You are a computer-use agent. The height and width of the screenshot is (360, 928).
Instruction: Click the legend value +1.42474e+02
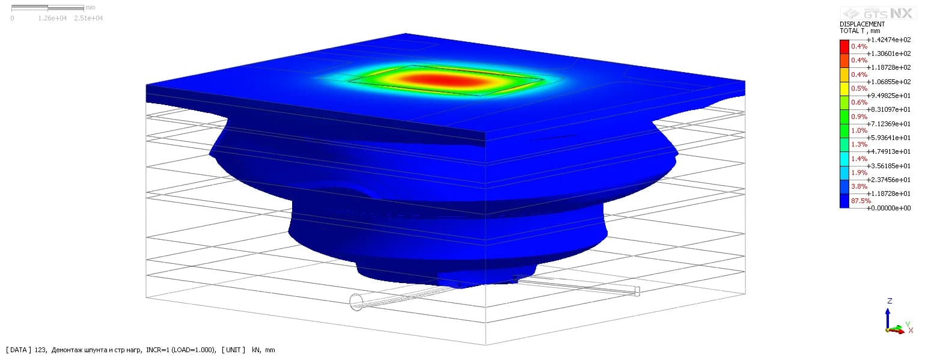click(889, 40)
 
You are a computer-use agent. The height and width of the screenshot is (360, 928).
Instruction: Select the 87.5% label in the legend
click(861, 201)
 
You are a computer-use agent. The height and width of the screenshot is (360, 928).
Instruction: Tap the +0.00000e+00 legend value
click(889, 208)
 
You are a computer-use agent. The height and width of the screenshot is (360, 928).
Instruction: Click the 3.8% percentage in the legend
click(859, 186)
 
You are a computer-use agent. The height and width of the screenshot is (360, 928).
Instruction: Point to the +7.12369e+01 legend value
click(889, 124)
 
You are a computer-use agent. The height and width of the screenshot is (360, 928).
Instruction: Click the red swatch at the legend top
click(844, 47)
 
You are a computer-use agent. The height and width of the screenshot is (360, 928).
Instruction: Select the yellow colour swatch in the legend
click(844, 89)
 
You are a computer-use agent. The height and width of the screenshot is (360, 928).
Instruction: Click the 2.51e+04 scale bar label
click(88, 18)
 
